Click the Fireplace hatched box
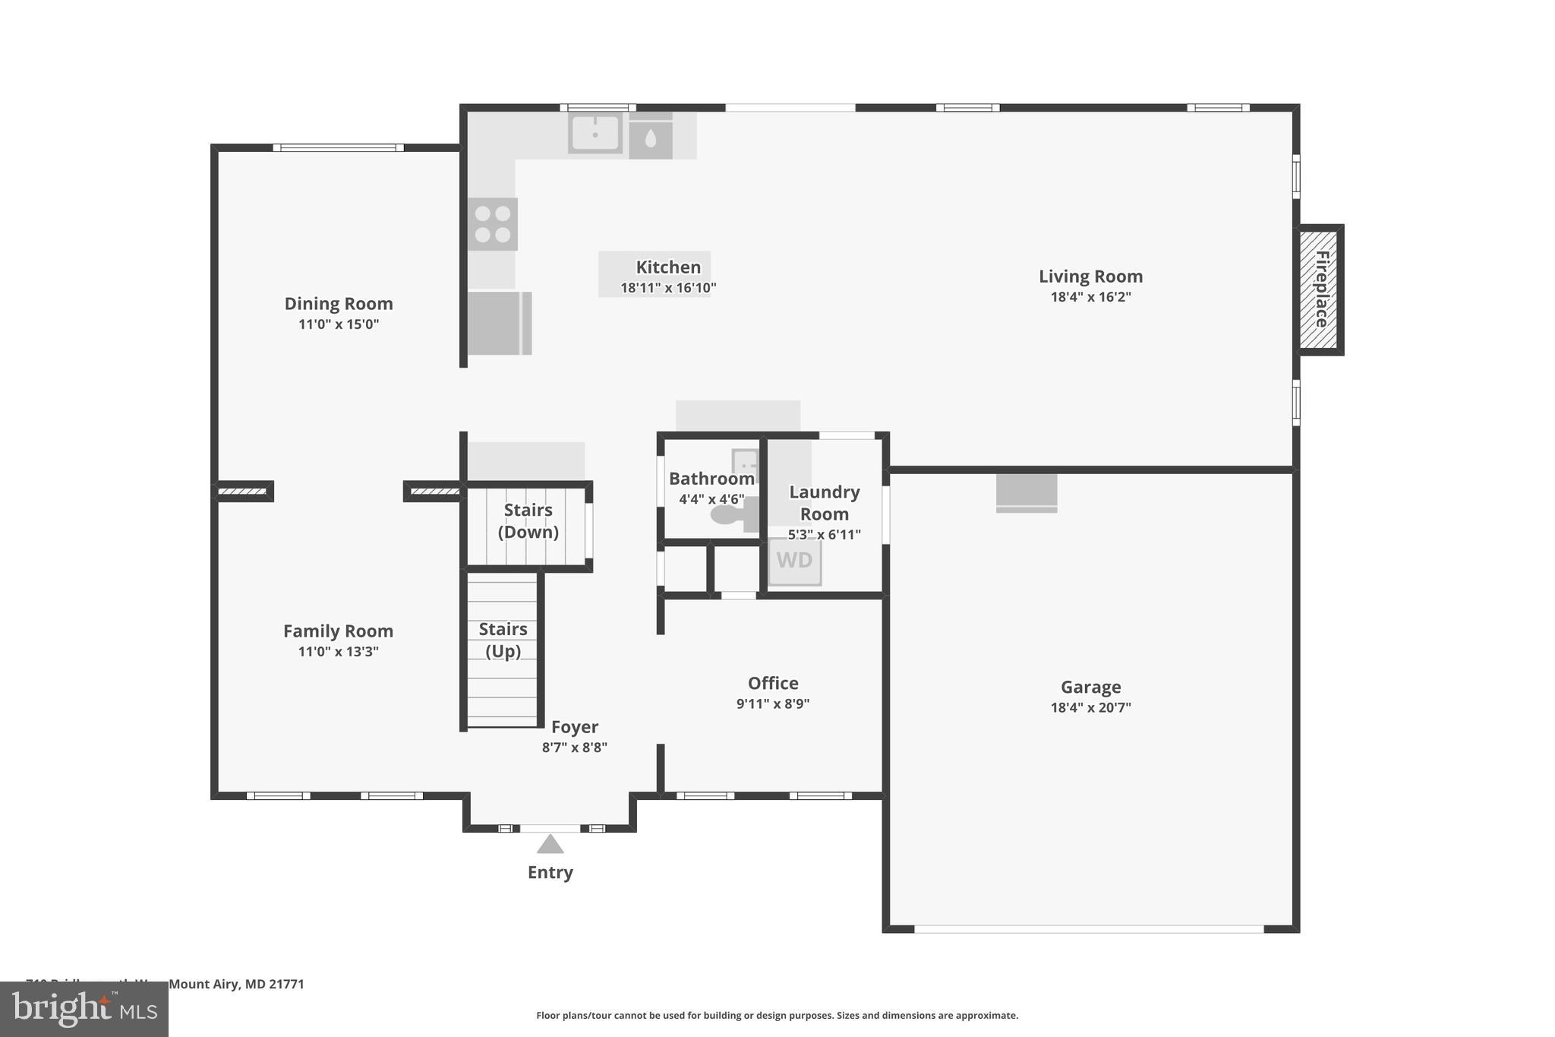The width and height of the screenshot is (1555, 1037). click(x=1320, y=289)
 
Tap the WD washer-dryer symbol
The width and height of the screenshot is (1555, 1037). click(x=794, y=561)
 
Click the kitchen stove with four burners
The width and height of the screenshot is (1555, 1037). click(x=492, y=224)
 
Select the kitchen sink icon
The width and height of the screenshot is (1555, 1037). click(x=595, y=133)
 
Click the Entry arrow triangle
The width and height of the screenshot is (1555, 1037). click(x=550, y=844)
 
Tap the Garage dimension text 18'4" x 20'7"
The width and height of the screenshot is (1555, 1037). click(x=1090, y=707)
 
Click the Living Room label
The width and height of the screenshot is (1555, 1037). click(x=1090, y=277)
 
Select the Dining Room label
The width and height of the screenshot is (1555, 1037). click(x=339, y=304)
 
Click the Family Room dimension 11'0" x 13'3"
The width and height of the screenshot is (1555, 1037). click(x=338, y=652)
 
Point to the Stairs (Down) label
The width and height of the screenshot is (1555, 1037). click(x=528, y=520)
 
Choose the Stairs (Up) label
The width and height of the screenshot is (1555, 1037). click(x=503, y=640)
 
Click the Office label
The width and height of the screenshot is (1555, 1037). click(x=773, y=683)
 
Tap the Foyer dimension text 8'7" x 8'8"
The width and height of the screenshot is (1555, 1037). click(x=574, y=748)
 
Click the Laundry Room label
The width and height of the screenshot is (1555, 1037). click(x=824, y=502)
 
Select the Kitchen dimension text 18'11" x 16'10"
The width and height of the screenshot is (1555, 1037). click(x=668, y=288)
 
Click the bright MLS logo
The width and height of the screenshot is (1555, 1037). click(x=84, y=1009)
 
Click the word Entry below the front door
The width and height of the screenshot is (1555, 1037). click(x=550, y=872)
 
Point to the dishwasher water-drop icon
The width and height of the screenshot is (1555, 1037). click(x=651, y=138)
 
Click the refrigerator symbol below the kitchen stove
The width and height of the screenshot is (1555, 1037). click(x=498, y=323)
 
